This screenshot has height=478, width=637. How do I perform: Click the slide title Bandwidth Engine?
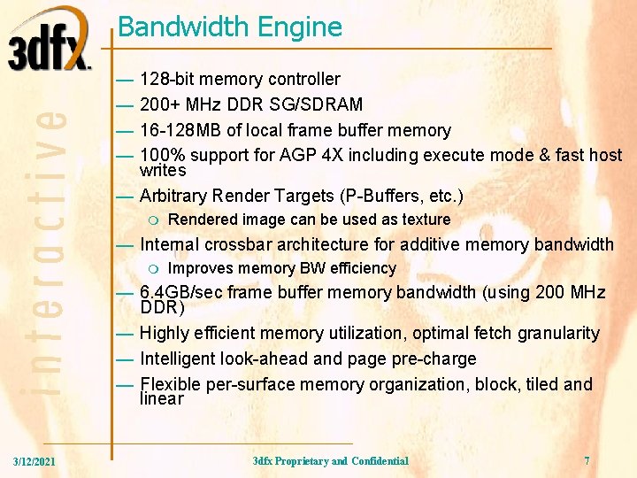pos(229,27)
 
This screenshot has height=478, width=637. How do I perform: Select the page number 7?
pos(587,461)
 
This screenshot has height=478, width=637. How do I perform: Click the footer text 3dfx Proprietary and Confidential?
pos(330,461)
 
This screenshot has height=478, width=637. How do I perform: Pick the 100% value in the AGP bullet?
pos(160,155)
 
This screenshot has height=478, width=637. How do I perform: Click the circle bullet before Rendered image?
pos(154,220)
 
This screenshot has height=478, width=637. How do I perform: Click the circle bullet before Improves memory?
pos(154,268)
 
